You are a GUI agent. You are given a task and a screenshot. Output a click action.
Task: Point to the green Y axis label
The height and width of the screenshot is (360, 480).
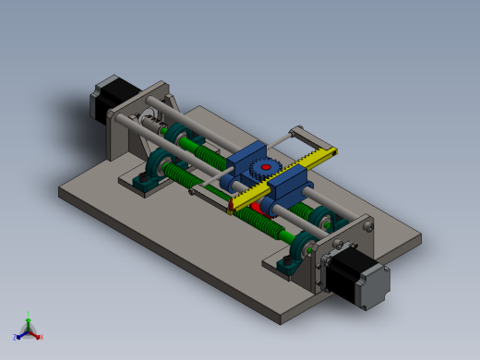tap(29, 314)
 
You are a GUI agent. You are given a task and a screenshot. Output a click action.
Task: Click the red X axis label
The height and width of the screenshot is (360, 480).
tap(41, 337)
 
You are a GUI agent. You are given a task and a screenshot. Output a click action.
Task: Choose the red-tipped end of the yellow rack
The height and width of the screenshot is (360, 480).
tap(229, 210)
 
